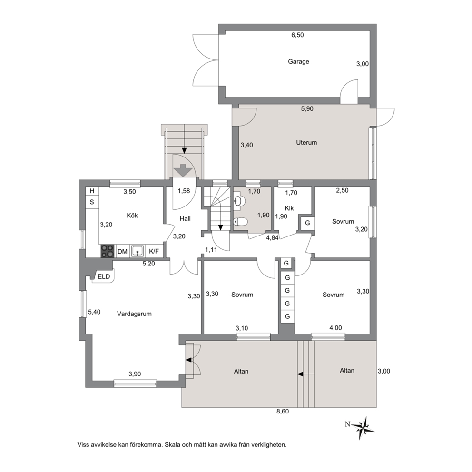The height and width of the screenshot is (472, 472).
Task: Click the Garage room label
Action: [x=298, y=62]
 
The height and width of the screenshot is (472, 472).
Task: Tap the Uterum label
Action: [x=306, y=143]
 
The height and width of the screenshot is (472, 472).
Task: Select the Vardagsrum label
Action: [x=134, y=314]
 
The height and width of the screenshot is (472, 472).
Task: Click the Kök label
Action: [x=132, y=216]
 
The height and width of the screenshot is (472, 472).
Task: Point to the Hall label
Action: [x=185, y=219]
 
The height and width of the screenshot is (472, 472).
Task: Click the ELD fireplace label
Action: [x=104, y=276]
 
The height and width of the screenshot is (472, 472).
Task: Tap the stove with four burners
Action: [x=108, y=251]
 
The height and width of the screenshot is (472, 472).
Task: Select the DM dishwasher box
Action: [x=122, y=251]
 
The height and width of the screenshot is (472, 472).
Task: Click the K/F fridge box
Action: [x=154, y=251]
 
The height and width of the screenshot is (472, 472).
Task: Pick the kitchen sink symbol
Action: [x=138, y=251]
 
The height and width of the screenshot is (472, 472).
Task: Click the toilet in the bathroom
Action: [x=240, y=222]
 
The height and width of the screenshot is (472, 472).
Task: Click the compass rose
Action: [x=364, y=427]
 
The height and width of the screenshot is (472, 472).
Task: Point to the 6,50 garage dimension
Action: [x=297, y=35]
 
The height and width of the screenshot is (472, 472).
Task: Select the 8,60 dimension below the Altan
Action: [x=283, y=411]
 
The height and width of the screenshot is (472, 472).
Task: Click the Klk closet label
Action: [x=289, y=208]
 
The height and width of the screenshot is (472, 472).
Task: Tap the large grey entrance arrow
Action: [x=184, y=170]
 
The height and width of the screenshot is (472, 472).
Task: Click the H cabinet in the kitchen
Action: [x=92, y=191]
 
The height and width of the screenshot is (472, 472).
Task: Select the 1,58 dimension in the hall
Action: [x=184, y=191]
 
